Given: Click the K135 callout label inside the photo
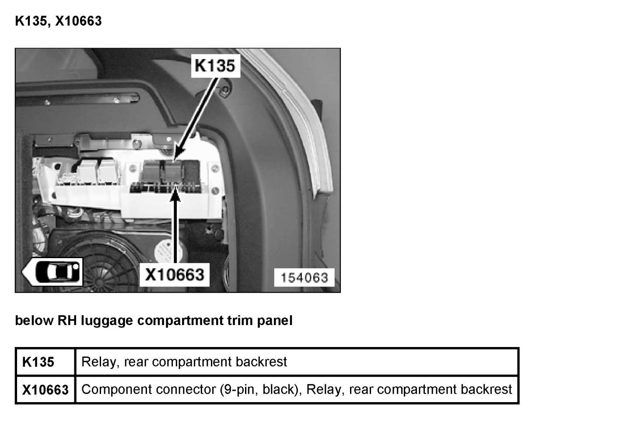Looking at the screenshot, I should click(215, 66).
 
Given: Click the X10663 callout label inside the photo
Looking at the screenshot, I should click(174, 274).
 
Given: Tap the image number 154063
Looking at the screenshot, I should click(304, 277).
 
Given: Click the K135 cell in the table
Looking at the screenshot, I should click(39, 362).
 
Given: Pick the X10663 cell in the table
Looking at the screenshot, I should click(45, 389).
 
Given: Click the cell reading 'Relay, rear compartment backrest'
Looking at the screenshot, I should click(184, 362).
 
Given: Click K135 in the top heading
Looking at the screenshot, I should click(31, 21).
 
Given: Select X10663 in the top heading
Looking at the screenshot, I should click(79, 21).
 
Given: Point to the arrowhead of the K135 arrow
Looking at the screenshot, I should click(178, 155).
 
